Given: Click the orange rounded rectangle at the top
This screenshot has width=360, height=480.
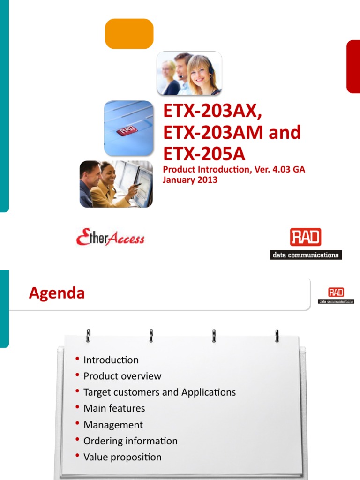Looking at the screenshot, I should coord(129,34).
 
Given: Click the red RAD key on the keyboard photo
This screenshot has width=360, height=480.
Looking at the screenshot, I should coord(126,130).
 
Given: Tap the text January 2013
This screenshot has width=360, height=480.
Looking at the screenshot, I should coord(190,180).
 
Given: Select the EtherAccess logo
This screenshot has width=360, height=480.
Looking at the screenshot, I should coord(110,238).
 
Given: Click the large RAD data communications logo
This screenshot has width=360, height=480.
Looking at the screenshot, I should coord(306,243).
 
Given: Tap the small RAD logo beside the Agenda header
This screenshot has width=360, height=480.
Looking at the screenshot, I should coord(336,296).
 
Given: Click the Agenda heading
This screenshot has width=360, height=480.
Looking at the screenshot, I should coord(57,293).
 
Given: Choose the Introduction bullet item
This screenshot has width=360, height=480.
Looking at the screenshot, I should coord(111,360).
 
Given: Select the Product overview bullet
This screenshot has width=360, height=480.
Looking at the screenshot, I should coord(122,376).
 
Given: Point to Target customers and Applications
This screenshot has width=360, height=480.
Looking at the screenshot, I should coord(159,392).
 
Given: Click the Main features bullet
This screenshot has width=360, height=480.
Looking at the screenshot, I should coord(114,408).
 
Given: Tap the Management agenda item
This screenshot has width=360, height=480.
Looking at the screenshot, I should coord(113,425).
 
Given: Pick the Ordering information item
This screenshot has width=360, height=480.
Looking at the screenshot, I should coord(130,441).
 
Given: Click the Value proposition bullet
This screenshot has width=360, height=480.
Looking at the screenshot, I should coord(122,457).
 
